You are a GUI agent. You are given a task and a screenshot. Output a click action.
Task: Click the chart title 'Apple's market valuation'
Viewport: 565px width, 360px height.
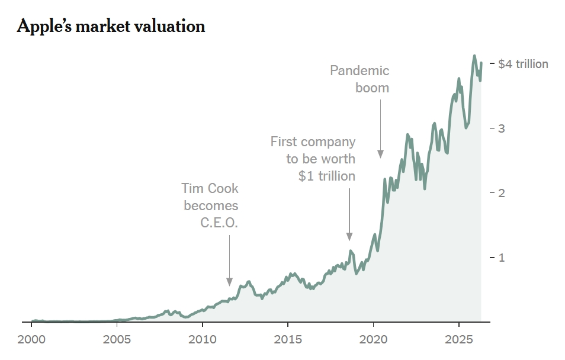point(111,27)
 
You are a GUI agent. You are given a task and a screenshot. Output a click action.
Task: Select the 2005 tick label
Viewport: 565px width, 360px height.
point(117,340)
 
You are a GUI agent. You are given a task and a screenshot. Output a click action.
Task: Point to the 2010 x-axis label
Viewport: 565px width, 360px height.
point(203,340)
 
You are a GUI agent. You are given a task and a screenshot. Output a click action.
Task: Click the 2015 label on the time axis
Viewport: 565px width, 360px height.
point(288,340)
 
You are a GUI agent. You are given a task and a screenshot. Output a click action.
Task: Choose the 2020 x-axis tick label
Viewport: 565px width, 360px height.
point(373,340)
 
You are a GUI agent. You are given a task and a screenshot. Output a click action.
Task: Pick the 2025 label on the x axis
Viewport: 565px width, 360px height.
point(458,340)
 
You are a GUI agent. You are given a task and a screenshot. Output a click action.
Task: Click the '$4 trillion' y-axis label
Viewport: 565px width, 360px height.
point(523,64)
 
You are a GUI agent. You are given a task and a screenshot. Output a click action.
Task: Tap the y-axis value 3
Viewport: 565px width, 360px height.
point(501,128)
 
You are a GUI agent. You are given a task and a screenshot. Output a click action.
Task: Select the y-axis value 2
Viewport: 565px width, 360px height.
point(501,193)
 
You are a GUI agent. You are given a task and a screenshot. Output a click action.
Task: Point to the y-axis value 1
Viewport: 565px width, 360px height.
point(501,258)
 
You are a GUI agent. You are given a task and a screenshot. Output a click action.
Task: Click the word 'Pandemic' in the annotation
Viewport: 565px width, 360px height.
point(359,71)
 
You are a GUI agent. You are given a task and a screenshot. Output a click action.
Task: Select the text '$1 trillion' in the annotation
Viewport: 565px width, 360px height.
point(327,176)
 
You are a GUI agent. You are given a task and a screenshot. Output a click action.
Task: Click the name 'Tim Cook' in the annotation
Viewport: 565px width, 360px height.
point(210,189)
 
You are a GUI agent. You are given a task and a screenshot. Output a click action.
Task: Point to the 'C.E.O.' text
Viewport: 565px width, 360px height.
point(220,223)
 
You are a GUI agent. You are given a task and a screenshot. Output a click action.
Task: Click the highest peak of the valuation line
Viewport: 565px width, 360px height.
point(474,56)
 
